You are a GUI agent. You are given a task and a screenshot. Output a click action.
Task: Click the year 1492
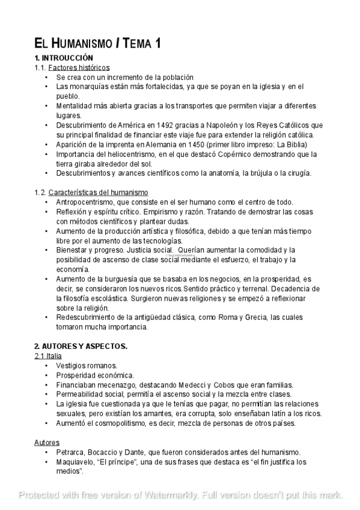pyautogui.click(x=158, y=125)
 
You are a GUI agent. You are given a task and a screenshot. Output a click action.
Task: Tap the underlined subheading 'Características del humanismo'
pyautogui.click(x=98, y=192)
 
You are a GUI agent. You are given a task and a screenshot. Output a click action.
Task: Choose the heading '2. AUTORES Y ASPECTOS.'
pyautogui.click(x=81, y=346)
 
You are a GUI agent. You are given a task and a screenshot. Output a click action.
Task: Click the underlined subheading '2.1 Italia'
pyautogui.click(x=48, y=356)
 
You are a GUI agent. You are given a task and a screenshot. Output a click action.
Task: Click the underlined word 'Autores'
pyautogui.click(x=46, y=443)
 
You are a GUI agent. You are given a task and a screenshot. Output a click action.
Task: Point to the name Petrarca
pyautogui.click(x=71, y=452)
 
